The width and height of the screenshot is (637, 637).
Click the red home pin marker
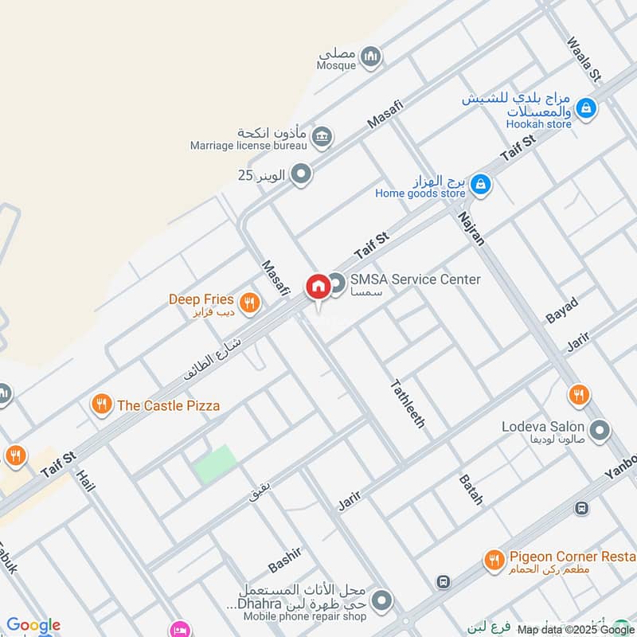point(317,287)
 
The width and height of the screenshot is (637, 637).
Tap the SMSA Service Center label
point(416,279)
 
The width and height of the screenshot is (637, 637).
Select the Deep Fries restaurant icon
point(250,301)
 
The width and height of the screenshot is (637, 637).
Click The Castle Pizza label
point(168,405)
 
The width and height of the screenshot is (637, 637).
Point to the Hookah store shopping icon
point(586,107)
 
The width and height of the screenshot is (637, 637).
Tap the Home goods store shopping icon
point(480,186)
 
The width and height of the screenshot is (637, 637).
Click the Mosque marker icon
point(369,56)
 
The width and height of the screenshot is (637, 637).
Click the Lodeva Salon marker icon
point(600,431)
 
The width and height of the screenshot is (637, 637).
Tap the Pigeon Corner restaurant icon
point(494,561)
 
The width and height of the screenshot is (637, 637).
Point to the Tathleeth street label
point(407,404)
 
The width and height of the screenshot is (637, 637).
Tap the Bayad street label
point(561,308)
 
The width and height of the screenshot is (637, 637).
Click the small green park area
point(216,464)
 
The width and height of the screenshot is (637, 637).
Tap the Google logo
point(33,626)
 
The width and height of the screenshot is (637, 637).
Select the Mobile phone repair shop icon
point(382,600)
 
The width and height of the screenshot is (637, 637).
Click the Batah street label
point(471,490)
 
